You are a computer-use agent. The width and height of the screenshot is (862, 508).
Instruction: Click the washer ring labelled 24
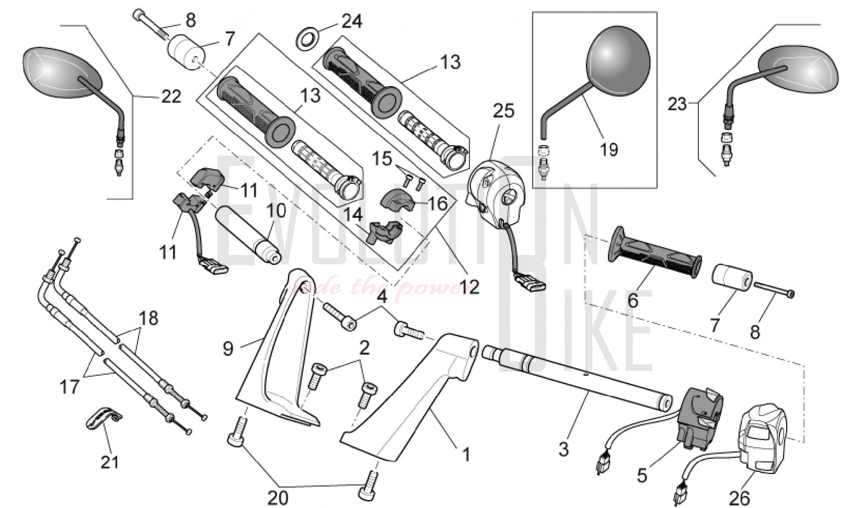pos(307,37)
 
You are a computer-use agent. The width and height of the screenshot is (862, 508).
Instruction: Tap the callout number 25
pos(504,111)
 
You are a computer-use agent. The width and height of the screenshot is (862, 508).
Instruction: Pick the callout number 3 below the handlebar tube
pos(563,449)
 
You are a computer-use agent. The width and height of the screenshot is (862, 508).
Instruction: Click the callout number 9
pos(228,348)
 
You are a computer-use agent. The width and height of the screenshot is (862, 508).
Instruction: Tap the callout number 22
pos(171,97)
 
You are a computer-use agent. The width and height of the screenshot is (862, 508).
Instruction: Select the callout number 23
pos(677,104)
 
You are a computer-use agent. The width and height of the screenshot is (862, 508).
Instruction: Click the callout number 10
pos(276,211)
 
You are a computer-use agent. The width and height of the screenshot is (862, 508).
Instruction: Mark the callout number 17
pos(70,387)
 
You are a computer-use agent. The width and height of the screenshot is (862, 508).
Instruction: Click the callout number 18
pos(149,318)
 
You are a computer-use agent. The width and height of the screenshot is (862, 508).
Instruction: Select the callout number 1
pos(466,455)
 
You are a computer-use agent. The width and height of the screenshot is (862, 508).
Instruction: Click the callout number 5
pos(642,475)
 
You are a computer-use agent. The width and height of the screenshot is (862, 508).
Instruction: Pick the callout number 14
pos(353,214)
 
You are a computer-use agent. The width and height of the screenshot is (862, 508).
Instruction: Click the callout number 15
pos(382,159)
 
